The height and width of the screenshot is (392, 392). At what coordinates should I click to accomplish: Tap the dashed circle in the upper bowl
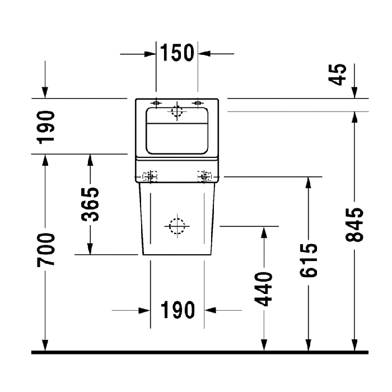(178, 111)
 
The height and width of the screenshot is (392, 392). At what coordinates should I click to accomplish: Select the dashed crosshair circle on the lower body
(177, 226)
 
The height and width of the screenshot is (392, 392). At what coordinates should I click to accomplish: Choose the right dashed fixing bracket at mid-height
(205, 176)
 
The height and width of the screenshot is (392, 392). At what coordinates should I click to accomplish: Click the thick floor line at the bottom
(196, 352)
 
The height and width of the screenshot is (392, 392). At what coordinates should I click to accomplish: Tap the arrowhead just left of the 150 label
(150, 54)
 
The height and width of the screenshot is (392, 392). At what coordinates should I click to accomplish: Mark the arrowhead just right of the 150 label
(204, 54)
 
